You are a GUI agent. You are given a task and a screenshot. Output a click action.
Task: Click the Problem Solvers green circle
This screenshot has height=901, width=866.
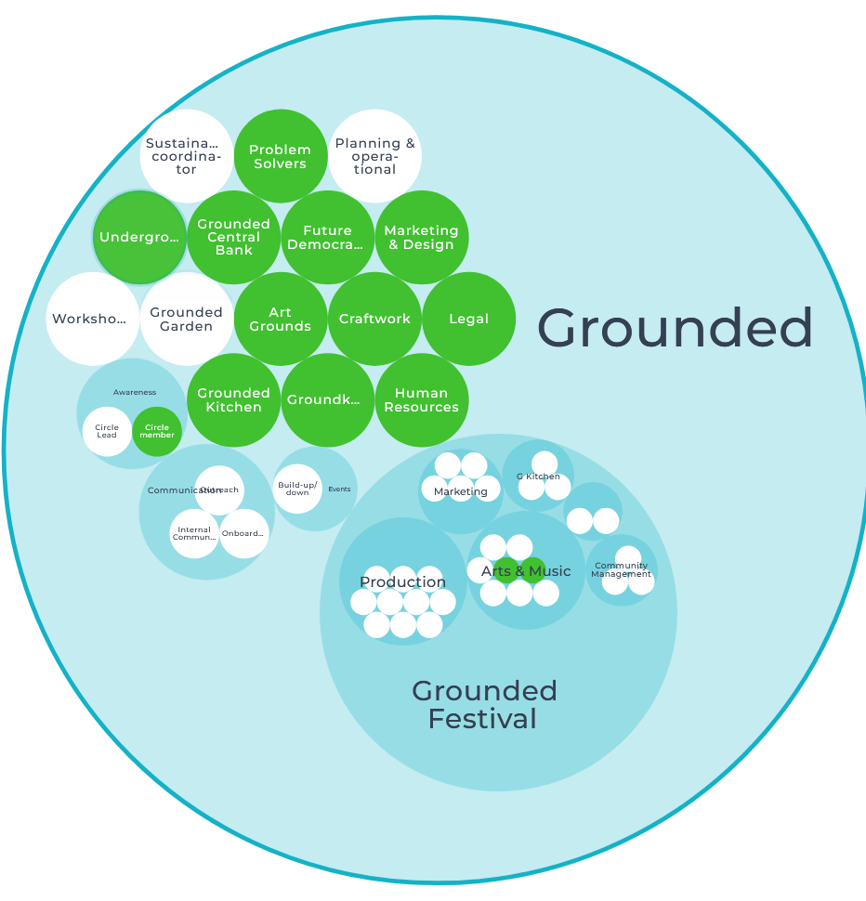pyautogui.click(x=280, y=156)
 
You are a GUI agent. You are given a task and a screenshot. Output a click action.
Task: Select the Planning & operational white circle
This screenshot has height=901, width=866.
pyautogui.click(x=375, y=156)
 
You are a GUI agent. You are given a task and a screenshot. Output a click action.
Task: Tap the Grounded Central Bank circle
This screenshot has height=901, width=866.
pyautogui.click(x=233, y=237)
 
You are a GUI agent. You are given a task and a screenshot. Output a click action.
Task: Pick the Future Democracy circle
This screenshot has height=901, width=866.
pyautogui.click(x=327, y=237)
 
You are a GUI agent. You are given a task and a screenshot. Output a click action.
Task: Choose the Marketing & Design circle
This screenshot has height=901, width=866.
pyautogui.click(x=422, y=237)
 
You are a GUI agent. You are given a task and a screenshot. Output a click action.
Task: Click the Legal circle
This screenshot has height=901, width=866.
pyautogui.click(x=468, y=319)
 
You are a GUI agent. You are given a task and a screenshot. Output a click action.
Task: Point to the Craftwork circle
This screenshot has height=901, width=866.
pyautogui.click(x=374, y=319)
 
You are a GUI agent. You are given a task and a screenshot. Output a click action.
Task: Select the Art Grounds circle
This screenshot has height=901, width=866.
pyautogui.click(x=280, y=319)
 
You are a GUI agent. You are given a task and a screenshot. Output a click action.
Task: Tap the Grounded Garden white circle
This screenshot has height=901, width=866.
pyautogui.click(x=187, y=319)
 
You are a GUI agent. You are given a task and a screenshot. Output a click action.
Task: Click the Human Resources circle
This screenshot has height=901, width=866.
pyautogui.click(x=421, y=399)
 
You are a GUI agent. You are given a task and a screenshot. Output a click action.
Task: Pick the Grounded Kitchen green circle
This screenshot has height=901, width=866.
pyautogui.click(x=233, y=399)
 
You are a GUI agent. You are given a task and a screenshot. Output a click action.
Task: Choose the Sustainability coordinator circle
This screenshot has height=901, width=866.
pyautogui.click(x=186, y=156)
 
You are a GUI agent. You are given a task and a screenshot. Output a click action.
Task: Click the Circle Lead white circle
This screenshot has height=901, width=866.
pyautogui.click(x=107, y=432)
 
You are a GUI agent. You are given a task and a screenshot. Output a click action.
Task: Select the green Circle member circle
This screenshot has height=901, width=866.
pyautogui.click(x=157, y=432)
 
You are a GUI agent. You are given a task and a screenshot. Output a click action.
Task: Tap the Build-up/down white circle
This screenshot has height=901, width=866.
pyautogui.click(x=297, y=489)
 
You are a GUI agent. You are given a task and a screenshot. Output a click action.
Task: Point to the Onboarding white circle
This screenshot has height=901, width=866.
pyautogui.click(x=243, y=533)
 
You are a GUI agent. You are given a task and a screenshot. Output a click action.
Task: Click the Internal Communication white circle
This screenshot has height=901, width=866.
pyautogui.click(x=194, y=533)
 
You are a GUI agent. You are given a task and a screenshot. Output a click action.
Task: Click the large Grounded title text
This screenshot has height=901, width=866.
pyautogui.click(x=675, y=328)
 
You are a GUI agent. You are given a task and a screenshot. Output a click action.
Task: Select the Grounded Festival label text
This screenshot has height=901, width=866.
pyautogui.click(x=484, y=704)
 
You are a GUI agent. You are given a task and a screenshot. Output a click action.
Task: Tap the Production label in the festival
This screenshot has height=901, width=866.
pyautogui.click(x=402, y=581)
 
